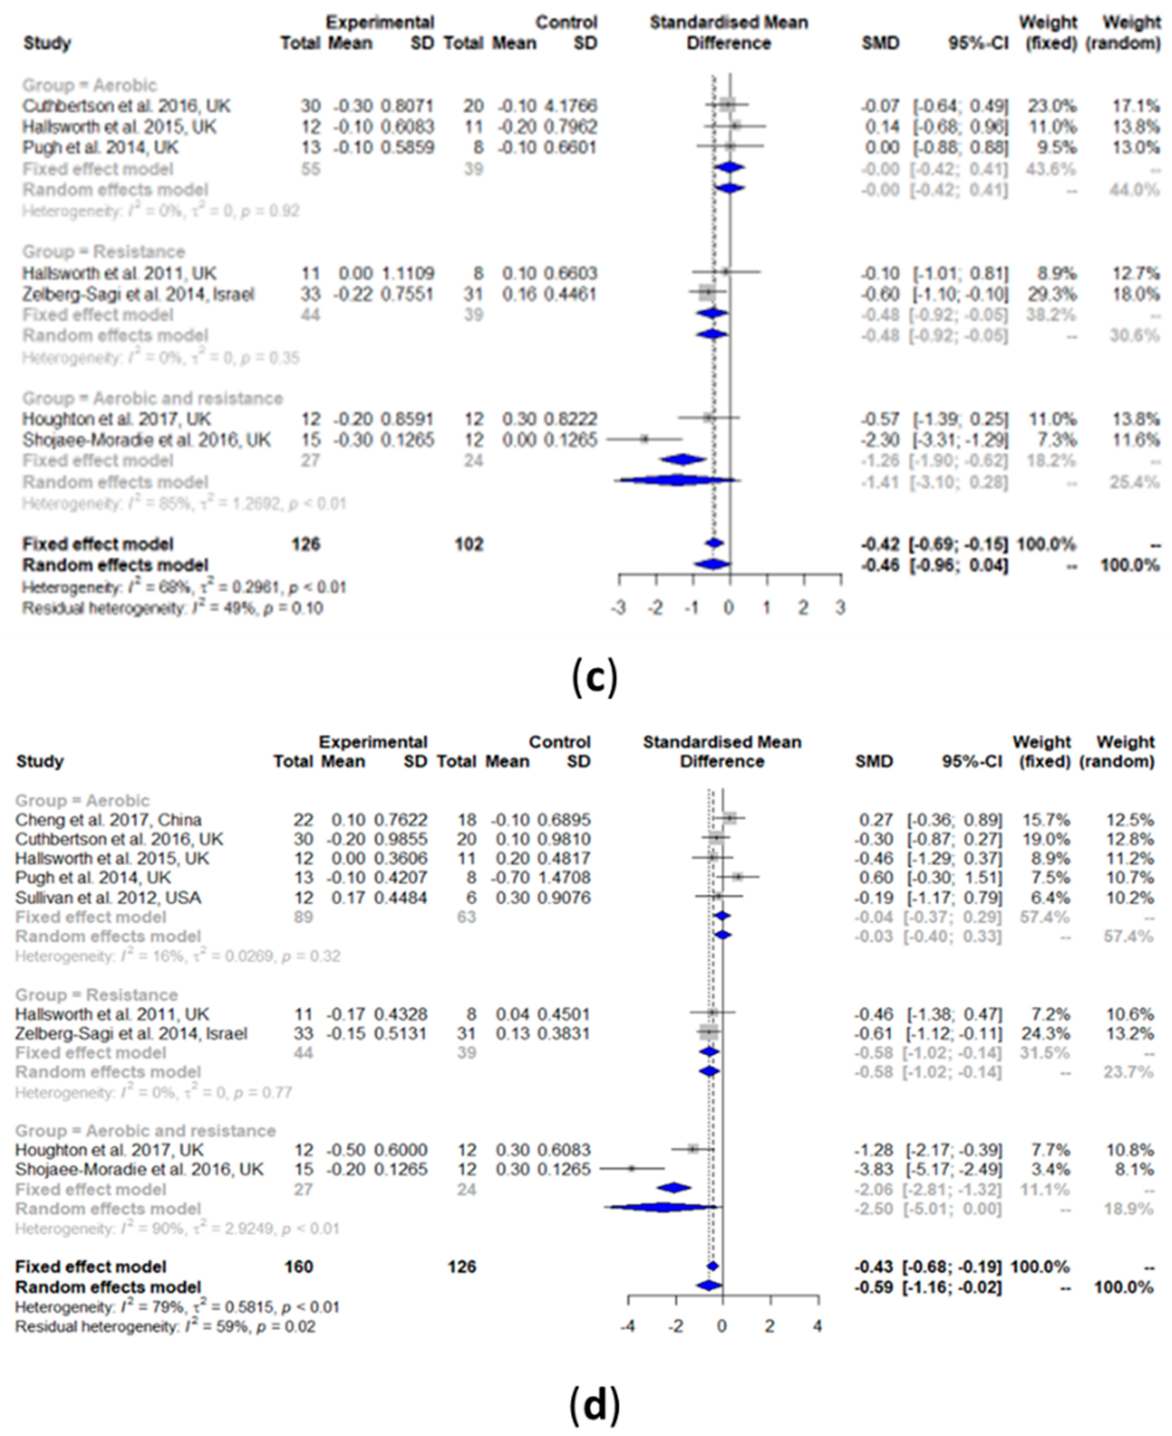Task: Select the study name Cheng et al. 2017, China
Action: [108, 819]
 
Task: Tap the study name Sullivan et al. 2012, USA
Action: [108, 897]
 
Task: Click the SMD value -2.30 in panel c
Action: [880, 440]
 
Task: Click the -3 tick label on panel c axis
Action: [618, 608]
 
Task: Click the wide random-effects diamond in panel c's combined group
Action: [677, 481]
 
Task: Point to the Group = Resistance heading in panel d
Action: [97, 995]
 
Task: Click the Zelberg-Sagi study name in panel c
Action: [138, 295]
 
